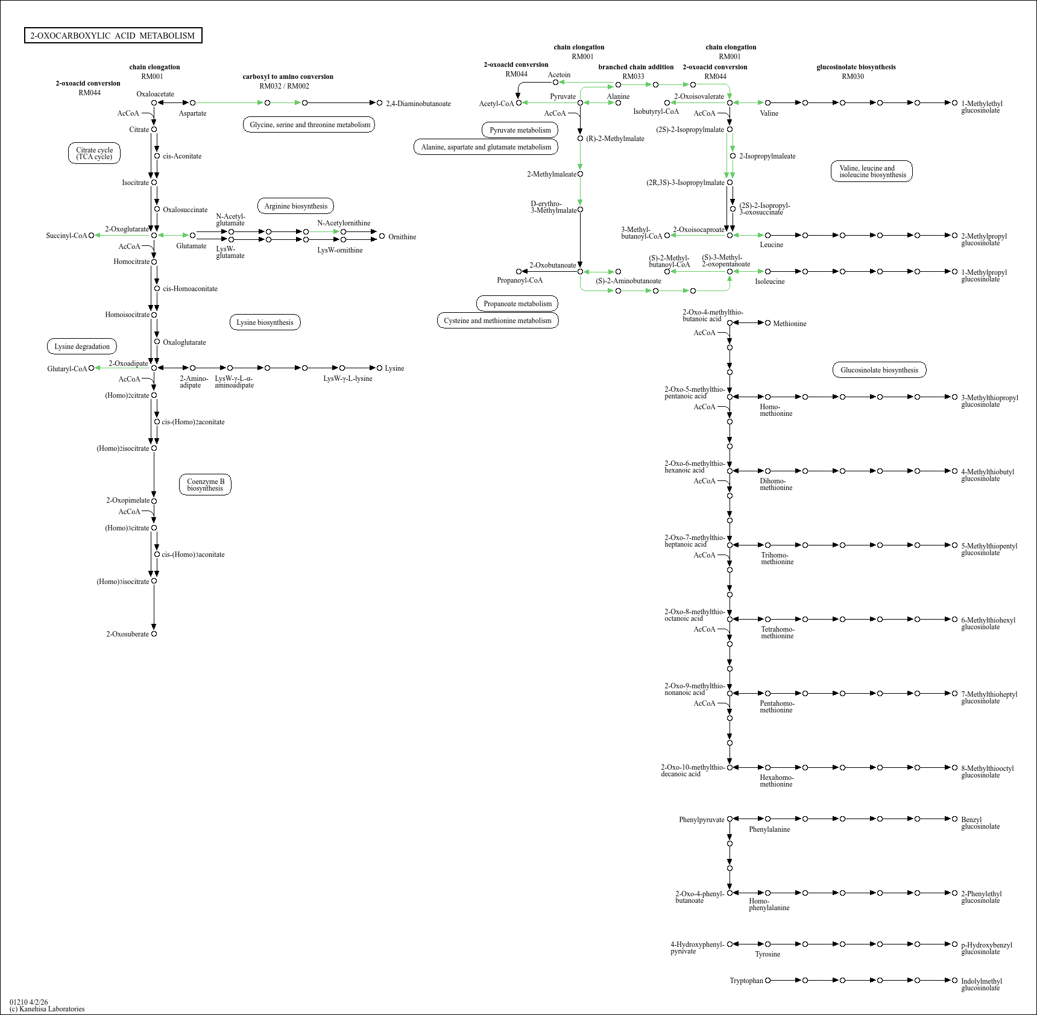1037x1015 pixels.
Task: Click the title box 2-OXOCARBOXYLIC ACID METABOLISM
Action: click(113, 36)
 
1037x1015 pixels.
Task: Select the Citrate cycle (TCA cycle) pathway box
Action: click(94, 153)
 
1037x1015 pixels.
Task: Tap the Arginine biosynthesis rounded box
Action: click(295, 206)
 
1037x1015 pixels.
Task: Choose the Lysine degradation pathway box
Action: click(82, 347)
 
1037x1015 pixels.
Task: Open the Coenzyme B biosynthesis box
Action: click(205, 485)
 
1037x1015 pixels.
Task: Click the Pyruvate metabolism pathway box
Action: click(520, 130)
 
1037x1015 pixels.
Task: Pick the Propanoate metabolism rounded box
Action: click(517, 304)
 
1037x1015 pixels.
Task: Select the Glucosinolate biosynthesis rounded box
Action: click(879, 370)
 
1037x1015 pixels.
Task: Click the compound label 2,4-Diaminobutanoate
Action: click(418, 104)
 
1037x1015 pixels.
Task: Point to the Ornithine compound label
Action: click(402, 237)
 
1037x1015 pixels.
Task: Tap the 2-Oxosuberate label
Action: click(127, 634)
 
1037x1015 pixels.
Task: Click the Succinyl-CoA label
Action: click(66, 236)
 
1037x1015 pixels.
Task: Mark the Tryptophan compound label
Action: click(746, 981)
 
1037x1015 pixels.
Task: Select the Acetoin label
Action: click(559, 75)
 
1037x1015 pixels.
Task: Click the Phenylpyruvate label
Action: click(701, 820)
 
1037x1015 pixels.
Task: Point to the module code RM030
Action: click(853, 77)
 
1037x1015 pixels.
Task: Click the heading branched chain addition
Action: click(635, 67)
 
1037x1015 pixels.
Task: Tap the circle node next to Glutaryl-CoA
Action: click(92, 368)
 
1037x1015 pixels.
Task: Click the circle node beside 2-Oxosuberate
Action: click(154, 634)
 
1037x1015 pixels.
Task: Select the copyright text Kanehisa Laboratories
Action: click(52, 1009)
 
